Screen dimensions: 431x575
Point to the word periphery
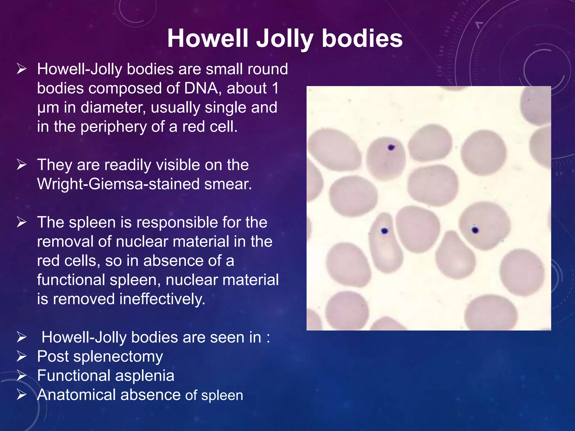click(x=114, y=127)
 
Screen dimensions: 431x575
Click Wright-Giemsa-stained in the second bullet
click(x=118, y=184)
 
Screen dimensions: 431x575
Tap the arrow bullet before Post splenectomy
click(x=22, y=356)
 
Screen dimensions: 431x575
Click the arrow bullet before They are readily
click(x=22, y=165)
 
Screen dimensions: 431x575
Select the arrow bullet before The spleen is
click(x=22, y=222)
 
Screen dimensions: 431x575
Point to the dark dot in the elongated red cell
click(x=384, y=231)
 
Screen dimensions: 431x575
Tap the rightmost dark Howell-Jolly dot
click(x=475, y=230)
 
